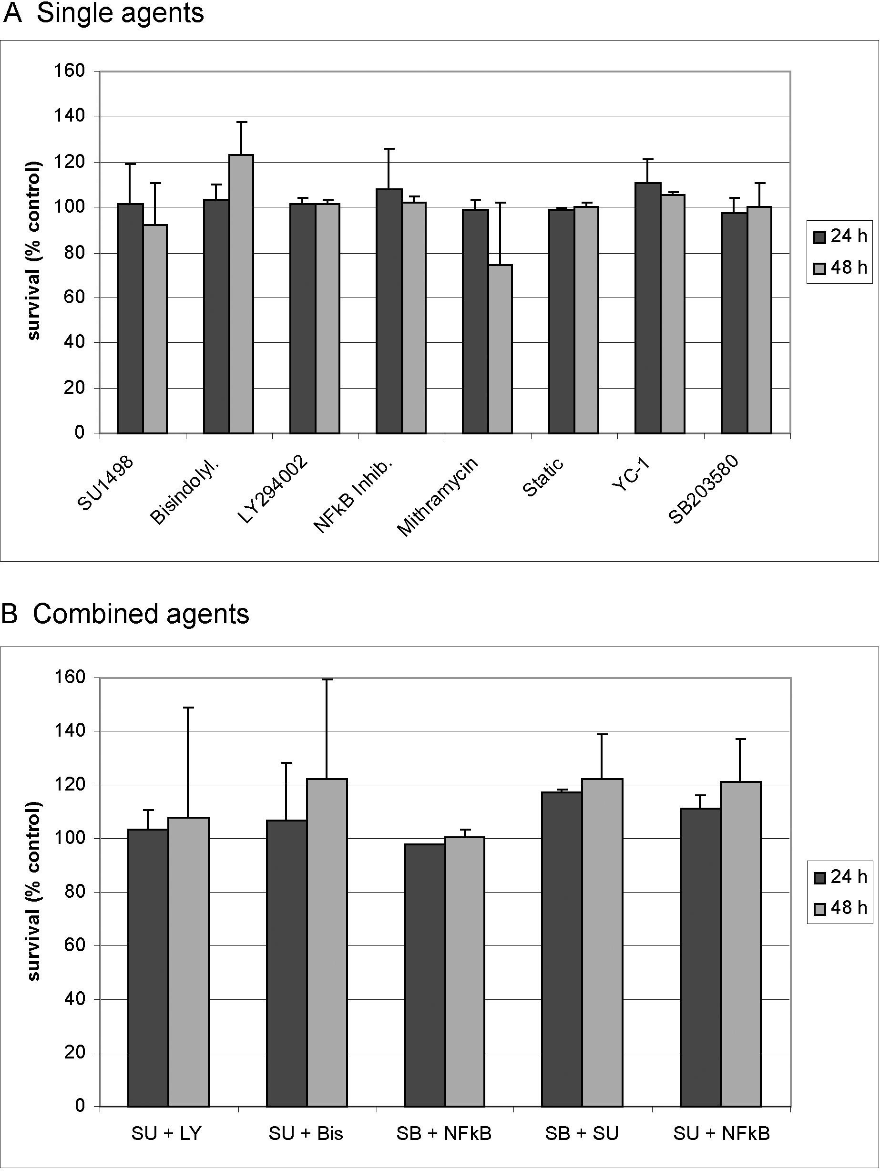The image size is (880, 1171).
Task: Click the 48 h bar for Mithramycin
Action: click(500, 349)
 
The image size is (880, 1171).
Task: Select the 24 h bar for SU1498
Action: click(130, 318)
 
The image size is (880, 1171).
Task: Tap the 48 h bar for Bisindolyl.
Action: click(241, 294)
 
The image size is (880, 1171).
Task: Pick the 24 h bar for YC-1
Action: click(648, 308)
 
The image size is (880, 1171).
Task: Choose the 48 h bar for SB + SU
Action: click(602, 943)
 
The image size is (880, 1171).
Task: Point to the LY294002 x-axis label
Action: click(273, 490)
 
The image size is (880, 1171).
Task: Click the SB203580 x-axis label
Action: click(703, 490)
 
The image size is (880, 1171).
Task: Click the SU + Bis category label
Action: click(306, 1133)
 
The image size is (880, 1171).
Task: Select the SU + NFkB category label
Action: click(721, 1133)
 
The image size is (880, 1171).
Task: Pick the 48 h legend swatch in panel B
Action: click(819, 910)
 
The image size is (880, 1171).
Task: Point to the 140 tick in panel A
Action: click(69, 115)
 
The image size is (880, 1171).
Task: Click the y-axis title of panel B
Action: click(33, 892)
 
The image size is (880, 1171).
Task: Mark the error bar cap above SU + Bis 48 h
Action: click(327, 679)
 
